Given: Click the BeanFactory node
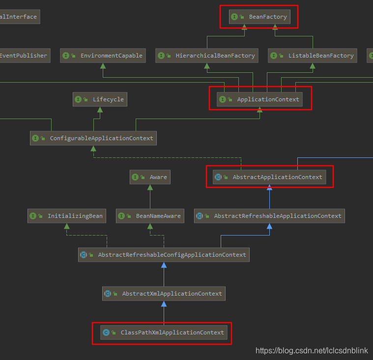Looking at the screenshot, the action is coord(259,17).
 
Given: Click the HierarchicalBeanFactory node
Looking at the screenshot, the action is coord(207,56).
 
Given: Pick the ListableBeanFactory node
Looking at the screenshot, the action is coord(313,56).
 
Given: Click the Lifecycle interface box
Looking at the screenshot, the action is coord(100,99).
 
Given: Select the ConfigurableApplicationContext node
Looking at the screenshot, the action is coord(93,138).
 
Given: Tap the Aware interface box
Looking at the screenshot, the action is coord(150,177).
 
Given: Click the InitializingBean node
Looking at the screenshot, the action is coord(67,216).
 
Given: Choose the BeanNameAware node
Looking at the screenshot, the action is coord(150,216).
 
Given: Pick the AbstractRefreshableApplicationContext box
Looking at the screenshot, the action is coord(269,216).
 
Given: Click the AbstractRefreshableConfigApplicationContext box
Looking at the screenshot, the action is coord(164,255).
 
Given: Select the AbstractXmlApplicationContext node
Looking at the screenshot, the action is coord(164,294).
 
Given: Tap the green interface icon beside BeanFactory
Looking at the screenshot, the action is coord(234,17).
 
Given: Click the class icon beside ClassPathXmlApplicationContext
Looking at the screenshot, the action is coord(106,332).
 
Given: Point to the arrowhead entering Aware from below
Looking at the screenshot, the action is coord(150,187).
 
